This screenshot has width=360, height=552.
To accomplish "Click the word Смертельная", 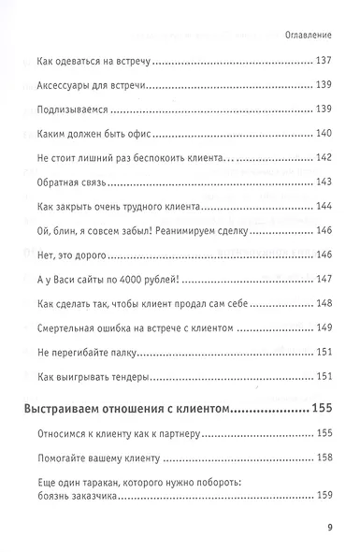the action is pos(74,328).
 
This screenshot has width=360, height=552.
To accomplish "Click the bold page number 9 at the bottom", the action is pos(330,527).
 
